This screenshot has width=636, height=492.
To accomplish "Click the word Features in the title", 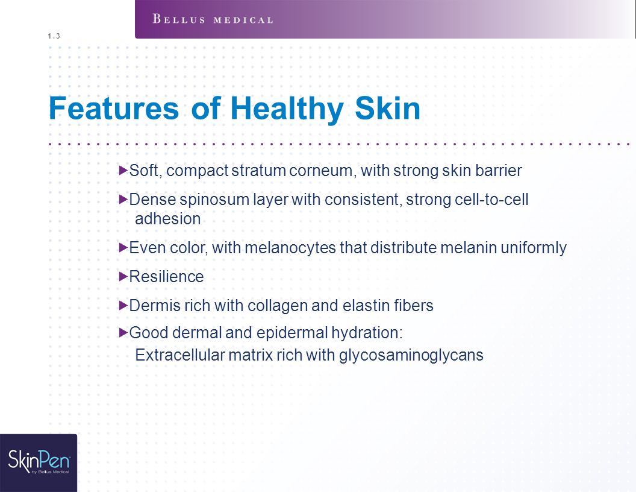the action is [x=114, y=108].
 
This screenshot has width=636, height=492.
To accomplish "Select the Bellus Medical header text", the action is [x=213, y=19].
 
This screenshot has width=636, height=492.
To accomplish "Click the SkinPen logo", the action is [x=39, y=461].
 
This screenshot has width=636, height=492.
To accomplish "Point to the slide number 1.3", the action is [x=54, y=36].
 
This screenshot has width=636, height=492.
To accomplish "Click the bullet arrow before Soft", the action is [x=123, y=170].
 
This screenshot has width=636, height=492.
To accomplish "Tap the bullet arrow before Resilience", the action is [x=123, y=276].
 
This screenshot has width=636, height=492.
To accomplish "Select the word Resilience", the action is [x=166, y=276].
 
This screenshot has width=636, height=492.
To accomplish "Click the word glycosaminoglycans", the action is [x=411, y=356].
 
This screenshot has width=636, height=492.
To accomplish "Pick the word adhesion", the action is [x=167, y=219].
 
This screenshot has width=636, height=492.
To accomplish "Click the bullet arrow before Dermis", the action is [x=123, y=305].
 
